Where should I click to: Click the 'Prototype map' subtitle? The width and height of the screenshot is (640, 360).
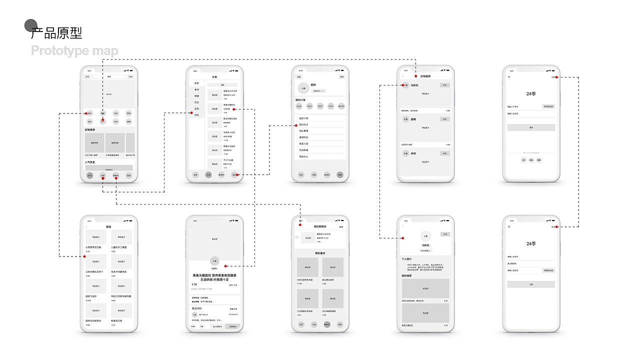tap(74, 51)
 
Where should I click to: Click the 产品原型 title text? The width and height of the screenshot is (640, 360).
tap(56, 33)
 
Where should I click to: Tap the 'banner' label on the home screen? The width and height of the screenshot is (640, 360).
tap(109, 94)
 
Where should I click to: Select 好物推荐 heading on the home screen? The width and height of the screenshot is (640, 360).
tap(90, 129)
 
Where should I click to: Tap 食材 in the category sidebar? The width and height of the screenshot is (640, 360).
tap(196, 89)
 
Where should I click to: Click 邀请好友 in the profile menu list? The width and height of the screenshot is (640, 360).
tap(304, 137)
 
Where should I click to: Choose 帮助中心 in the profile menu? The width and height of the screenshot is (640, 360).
tap(304, 156)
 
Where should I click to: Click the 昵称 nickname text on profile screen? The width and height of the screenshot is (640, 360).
tap(313, 85)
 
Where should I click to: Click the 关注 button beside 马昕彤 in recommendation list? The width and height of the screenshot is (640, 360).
tap(444, 85)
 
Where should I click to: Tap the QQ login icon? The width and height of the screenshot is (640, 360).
tap(523, 160)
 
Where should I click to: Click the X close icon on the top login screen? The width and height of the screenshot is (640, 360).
tap(509, 77)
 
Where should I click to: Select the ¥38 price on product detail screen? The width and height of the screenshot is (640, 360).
tap(194, 284)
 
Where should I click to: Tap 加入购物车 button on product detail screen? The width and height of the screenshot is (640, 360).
tap(217, 326)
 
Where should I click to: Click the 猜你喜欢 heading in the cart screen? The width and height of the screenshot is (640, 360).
tap(320, 253)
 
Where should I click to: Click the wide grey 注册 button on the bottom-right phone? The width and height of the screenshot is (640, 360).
tap(531, 284)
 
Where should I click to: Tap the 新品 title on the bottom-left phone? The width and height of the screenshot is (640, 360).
tap(108, 226)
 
